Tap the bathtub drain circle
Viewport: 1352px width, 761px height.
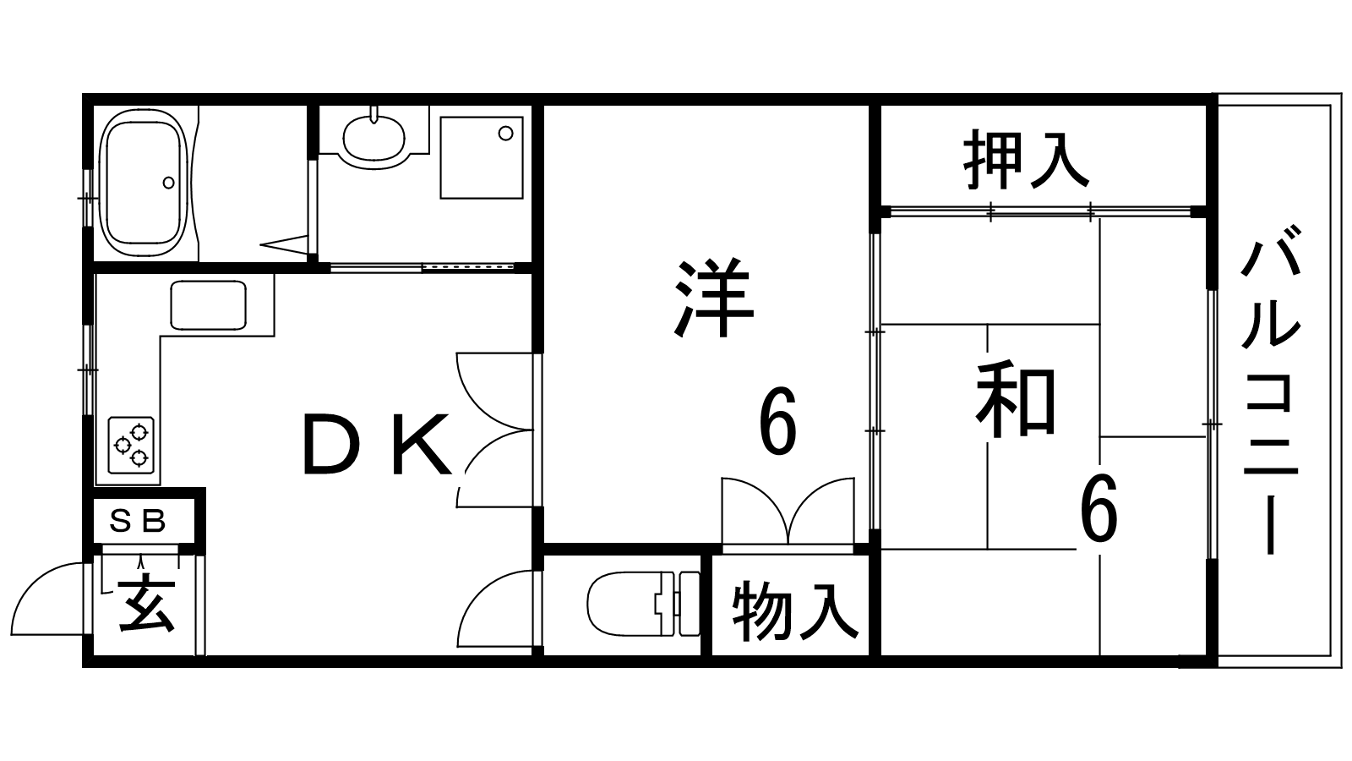click(168, 183)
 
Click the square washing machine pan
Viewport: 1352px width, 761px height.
click(482, 157)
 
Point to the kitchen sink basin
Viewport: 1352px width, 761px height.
click(208, 305)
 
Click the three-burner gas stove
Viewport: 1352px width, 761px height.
click(131, 445)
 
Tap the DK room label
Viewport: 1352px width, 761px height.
click(377, 444)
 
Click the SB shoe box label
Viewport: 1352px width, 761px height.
click(138, 521)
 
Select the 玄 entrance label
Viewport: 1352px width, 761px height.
click(147, 605)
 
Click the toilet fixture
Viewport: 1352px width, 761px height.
click(643, 604)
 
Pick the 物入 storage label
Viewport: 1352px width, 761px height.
click(795, 610)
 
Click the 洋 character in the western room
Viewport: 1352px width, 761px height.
click(714, 298)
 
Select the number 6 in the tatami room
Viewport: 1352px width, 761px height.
click(1098, 508)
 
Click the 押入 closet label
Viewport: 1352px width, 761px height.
click(1026, 160)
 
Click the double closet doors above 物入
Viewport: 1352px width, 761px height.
click(788, 511)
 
